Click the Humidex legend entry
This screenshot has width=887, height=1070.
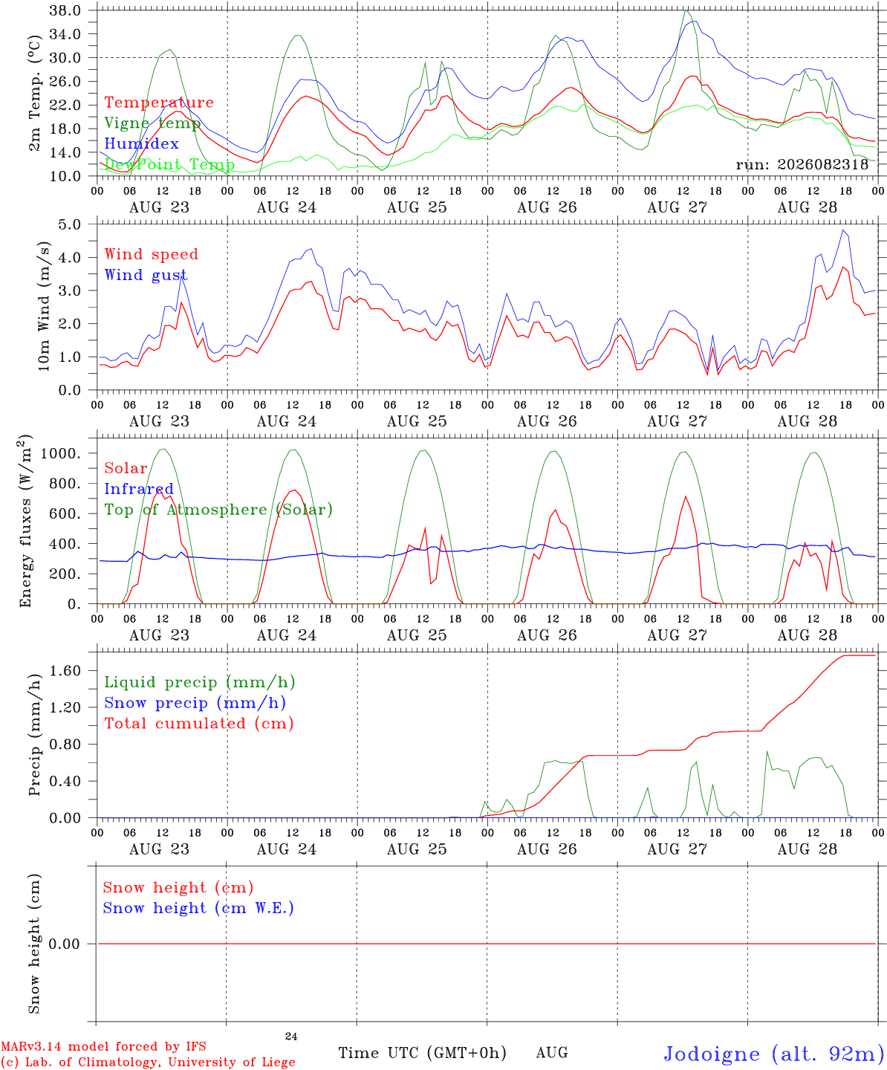click(141, 143)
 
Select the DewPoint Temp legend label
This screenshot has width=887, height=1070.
click(169, 164)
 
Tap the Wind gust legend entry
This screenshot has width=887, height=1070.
click(146, 275)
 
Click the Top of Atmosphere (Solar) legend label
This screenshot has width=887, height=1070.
click(219, 510)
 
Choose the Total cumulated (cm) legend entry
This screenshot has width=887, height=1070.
click(199, 723)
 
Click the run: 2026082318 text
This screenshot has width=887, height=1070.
click(802, 164)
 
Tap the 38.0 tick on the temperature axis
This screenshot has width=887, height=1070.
click(65, 10)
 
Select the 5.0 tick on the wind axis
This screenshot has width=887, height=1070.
click(70, 224)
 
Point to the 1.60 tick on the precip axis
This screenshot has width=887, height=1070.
click(65, 670)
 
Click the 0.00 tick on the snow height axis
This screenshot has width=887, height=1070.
click(64, 944)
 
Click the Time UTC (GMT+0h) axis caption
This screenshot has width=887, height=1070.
click(422, 1053)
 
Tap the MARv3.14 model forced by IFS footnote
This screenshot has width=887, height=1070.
click(103, 1046)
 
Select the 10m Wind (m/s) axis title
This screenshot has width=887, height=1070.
click(44, 306)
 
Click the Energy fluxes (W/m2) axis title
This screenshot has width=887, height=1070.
click(25, 521)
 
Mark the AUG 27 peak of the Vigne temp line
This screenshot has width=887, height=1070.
click(686, 10)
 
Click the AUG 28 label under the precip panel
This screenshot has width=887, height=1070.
click(807, 849)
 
